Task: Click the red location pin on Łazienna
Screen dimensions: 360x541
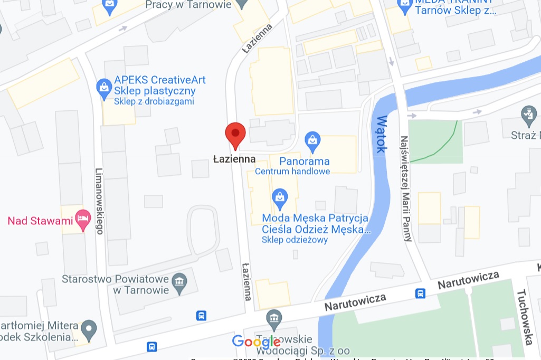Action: pyautogui.click(x=235, y=134)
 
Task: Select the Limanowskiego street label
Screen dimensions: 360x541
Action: pyautogui.click(x=99, y=201)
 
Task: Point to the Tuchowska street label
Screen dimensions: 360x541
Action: pyautogui.click(x=525, y=317)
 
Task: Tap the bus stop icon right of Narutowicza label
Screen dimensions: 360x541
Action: pyautogui.click(x=420, y=293)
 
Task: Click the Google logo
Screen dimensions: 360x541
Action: pyautogui.click(x=256, y=342)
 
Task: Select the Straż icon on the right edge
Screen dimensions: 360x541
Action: pyautogui.click(x=528, y=113)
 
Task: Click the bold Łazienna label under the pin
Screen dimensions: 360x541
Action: pyautogui.click(x=234, y=159)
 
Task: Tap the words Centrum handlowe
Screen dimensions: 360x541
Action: pyautogui.click(x=292, y=172)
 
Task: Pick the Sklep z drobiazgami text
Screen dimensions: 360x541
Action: pyautogui.click(x=154, y=101)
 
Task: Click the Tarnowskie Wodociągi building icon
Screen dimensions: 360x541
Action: pyautogui.click(x=274, y=318)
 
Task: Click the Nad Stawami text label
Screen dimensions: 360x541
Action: pyautogui.click(x=40, y=221)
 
